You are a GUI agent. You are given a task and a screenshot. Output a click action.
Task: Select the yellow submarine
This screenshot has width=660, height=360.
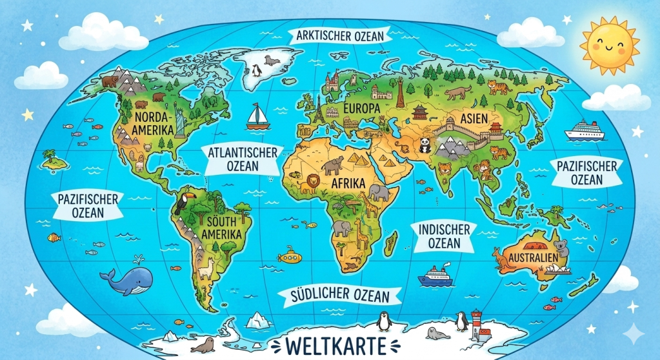click(x=287, y=257)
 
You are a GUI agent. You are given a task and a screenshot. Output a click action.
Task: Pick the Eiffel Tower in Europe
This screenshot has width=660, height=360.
click(x=318, y=109)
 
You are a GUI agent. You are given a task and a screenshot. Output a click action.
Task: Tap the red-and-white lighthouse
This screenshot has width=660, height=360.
click(x=477, y=323)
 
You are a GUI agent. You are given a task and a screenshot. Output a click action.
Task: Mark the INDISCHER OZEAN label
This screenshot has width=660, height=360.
click(x=444, y=236)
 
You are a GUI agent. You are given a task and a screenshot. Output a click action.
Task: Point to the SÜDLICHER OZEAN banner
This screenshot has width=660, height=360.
click(x=341, y=295)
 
